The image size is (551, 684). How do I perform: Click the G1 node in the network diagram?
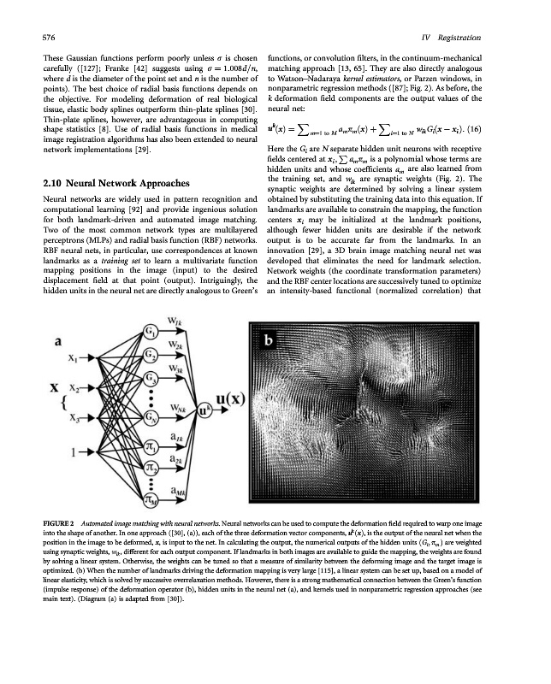point(151,330)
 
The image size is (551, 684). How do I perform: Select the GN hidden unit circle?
point(151,418)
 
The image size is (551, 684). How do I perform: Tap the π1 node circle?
point(151,446)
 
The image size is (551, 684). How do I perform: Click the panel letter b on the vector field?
point(268,341)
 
